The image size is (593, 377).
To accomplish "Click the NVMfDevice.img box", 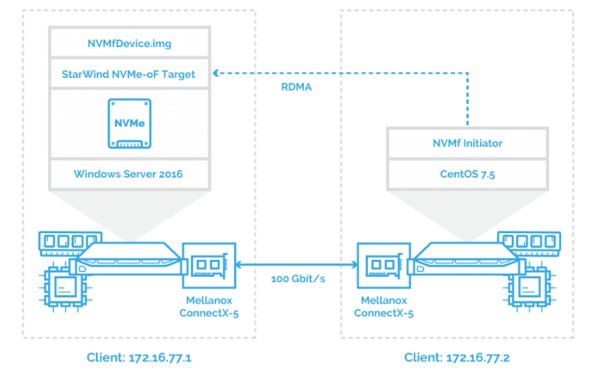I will coord(129,42).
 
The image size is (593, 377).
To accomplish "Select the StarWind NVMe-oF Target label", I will coord(129,73).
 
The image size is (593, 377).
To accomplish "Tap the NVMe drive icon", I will coord(129,123).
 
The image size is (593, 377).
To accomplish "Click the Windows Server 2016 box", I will coord(129,173).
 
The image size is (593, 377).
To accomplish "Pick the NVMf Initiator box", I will coord(466,143).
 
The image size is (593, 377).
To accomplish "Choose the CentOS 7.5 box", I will coord(466,173).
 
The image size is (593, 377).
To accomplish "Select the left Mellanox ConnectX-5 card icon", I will coord(209,266).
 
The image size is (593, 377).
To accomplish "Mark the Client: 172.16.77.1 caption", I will coord(136,357).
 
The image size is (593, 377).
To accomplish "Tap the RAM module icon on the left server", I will coord(65,242).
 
